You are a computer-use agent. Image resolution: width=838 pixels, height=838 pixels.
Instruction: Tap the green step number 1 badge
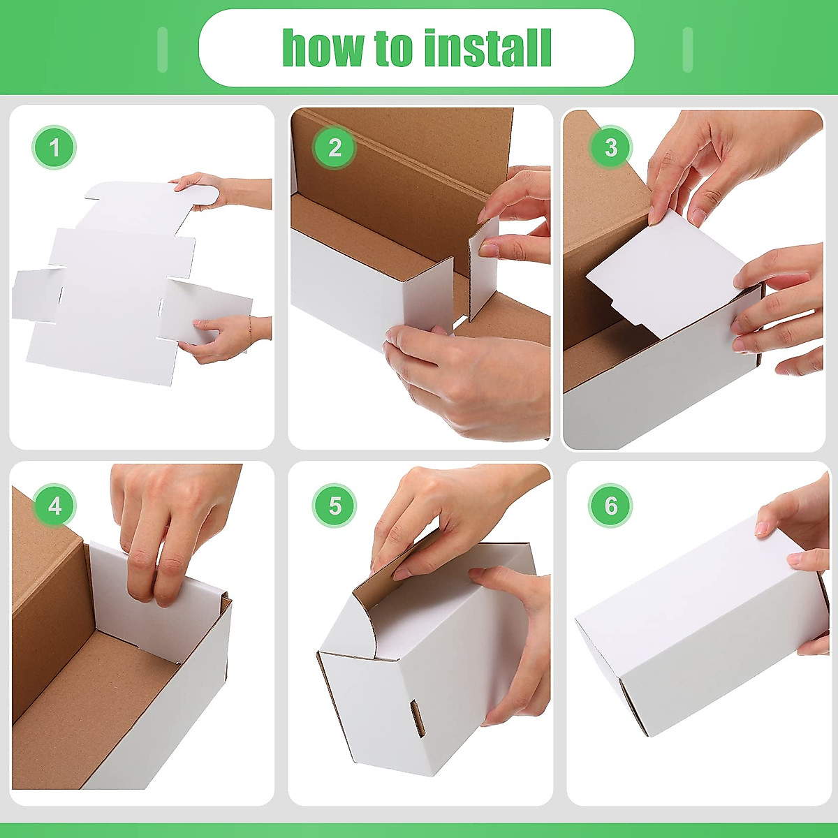coord(54,147)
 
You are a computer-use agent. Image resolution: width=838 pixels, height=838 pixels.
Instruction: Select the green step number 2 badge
coord(335,147)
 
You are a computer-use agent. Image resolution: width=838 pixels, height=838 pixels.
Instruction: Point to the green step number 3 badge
coord(611,147)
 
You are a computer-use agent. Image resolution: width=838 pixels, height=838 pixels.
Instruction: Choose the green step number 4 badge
coord(54,505)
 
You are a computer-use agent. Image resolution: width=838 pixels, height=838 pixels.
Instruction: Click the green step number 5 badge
coord(335,505)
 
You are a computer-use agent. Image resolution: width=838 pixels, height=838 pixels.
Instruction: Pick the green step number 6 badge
coord(611,505)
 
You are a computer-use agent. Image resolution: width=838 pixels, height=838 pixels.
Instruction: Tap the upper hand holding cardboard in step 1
coord(209,191)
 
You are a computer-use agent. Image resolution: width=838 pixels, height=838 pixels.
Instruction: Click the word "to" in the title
coord(395,48)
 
